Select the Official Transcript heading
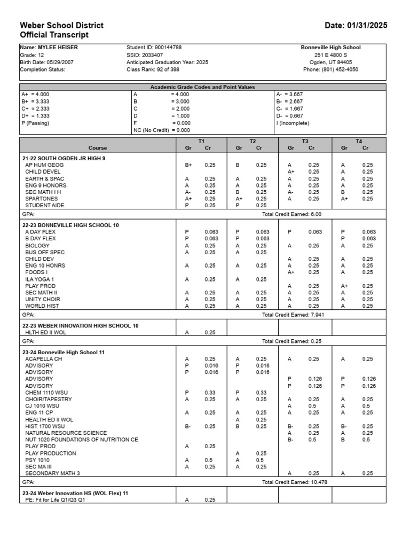coord(54,35)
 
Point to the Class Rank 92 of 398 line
coord(153,69)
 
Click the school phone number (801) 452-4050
coord(330,69)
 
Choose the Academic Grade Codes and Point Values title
coord(202,87)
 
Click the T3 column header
coord(305,142)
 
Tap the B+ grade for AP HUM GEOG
coord(188,165)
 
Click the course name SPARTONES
coord(42,199)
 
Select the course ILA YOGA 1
coord(40,279)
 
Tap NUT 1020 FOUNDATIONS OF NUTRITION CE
coord(81,440)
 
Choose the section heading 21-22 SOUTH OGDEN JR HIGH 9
coord(64,159)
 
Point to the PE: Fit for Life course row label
coord(54,500)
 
